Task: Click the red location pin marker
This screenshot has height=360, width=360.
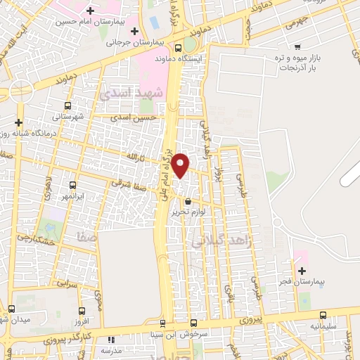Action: coord(181,165)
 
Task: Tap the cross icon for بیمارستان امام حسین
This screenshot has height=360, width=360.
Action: coord(90,11)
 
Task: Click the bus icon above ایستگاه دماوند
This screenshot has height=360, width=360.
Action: coord(179,48)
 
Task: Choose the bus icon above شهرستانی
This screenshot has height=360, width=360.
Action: coord(67,105)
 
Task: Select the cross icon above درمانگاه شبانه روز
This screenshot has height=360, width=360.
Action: coord(20,122)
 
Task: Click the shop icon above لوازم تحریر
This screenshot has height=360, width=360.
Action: coord(188,201)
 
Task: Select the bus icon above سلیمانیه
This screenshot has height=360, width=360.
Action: coord(323,315)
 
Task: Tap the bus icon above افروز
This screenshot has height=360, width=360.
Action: coord(82,311)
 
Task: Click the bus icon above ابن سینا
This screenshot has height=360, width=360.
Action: coord(164,324)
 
